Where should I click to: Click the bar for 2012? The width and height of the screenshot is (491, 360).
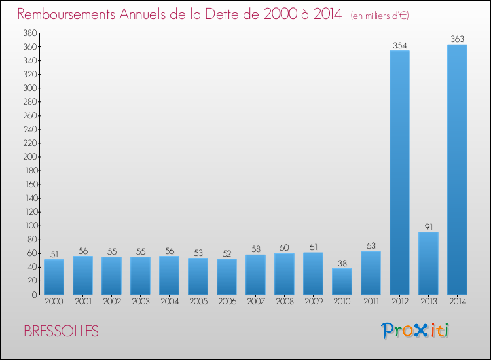click(399, 172)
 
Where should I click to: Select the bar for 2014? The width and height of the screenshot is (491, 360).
click(457, 169)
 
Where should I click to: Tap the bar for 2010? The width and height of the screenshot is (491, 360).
click(342, 281)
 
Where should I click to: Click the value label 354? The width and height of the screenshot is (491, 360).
click(399, 46)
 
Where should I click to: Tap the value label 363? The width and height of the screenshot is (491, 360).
click(457, 39)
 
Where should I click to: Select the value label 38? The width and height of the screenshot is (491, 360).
click(342, 263)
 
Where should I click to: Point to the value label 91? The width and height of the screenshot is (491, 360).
click(428, 227)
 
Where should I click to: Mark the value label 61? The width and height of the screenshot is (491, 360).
click(313, 247)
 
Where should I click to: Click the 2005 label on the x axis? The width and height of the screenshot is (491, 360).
click(198, 302)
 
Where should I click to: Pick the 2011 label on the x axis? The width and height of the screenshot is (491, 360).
click(371, 302)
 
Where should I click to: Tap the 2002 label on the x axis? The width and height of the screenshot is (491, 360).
click(111, 302)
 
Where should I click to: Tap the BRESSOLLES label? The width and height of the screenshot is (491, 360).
click(61, 331)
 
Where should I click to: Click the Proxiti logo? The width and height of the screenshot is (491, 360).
click(416, 331)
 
